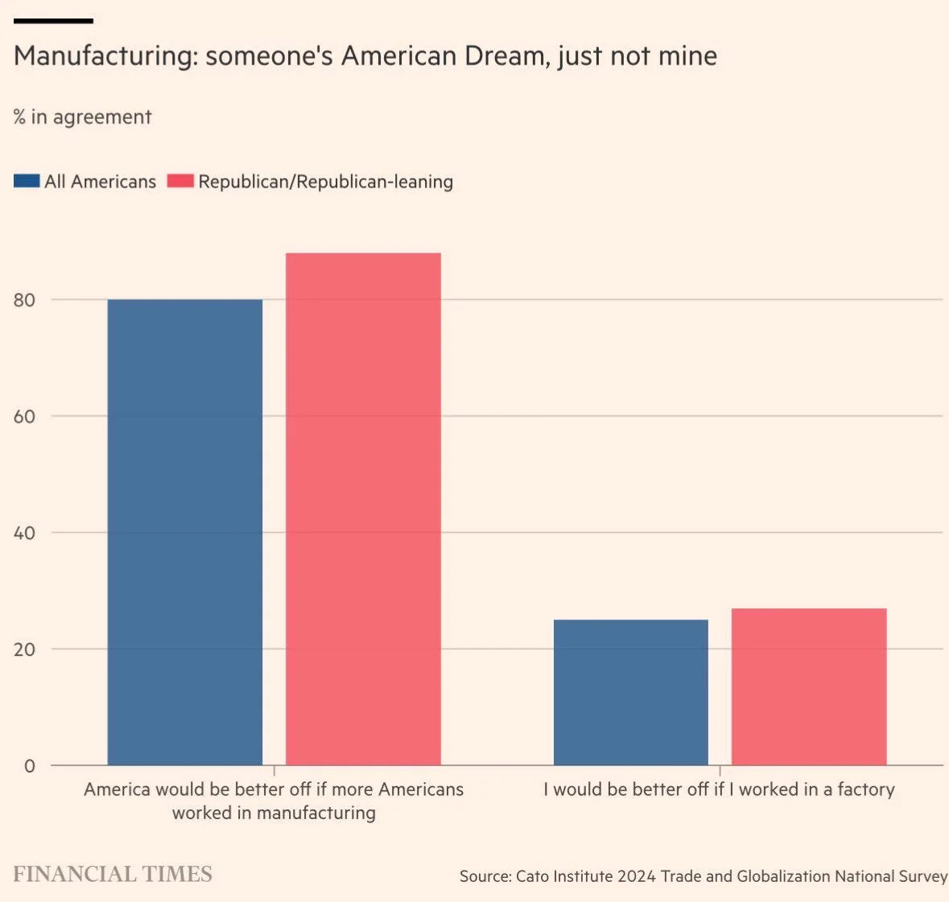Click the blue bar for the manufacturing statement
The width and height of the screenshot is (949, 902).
[185, 531]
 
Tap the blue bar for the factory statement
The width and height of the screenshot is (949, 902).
[631, 692]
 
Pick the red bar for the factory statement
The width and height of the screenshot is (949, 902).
[809, 686]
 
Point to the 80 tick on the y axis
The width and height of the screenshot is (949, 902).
[24, 300]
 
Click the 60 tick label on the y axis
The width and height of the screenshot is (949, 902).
[24, 417]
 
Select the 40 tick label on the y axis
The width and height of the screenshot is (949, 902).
[24, 533]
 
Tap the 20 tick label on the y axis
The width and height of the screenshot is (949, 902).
[24, 649]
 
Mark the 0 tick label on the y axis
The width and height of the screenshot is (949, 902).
[30, 766]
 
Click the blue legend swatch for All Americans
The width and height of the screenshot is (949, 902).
[27, 181]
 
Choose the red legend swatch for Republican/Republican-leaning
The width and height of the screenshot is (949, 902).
[180, 181]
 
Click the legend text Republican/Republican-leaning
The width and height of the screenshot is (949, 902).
[325, 182]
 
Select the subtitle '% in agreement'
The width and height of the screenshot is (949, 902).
[82, 117]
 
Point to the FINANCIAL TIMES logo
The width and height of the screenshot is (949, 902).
[113, 875]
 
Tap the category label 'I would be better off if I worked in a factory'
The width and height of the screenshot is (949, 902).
[719, 789]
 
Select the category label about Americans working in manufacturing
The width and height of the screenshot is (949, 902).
[274, 801]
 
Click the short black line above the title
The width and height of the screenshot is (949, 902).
[53, 21]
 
